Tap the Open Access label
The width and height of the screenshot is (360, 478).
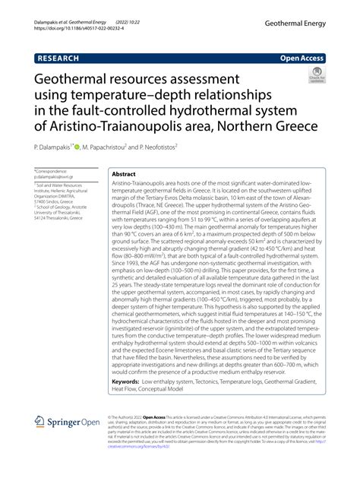[302, 56]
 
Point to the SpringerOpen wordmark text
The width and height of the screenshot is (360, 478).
[74, 423]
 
